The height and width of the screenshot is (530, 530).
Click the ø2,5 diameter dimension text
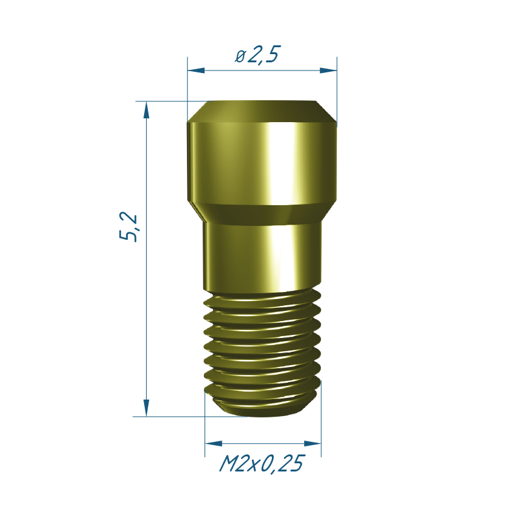tap(257, 54)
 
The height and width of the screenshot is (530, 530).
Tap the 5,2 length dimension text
tap(128, 227)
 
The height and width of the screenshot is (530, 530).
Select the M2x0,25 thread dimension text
tap(262, 463)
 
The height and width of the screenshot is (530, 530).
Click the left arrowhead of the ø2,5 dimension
tap(196, 70)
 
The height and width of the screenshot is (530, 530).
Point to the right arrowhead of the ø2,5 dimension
tap(328, 70)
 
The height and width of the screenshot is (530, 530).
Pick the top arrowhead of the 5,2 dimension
tap(147, 110)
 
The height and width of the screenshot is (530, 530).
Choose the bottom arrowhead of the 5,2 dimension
tap(147, 408)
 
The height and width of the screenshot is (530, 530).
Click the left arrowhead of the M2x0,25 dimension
tap(213, 444)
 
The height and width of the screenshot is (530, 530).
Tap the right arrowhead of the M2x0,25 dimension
tap(313, 444)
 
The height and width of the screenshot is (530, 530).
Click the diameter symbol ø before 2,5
tap(240, 57)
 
